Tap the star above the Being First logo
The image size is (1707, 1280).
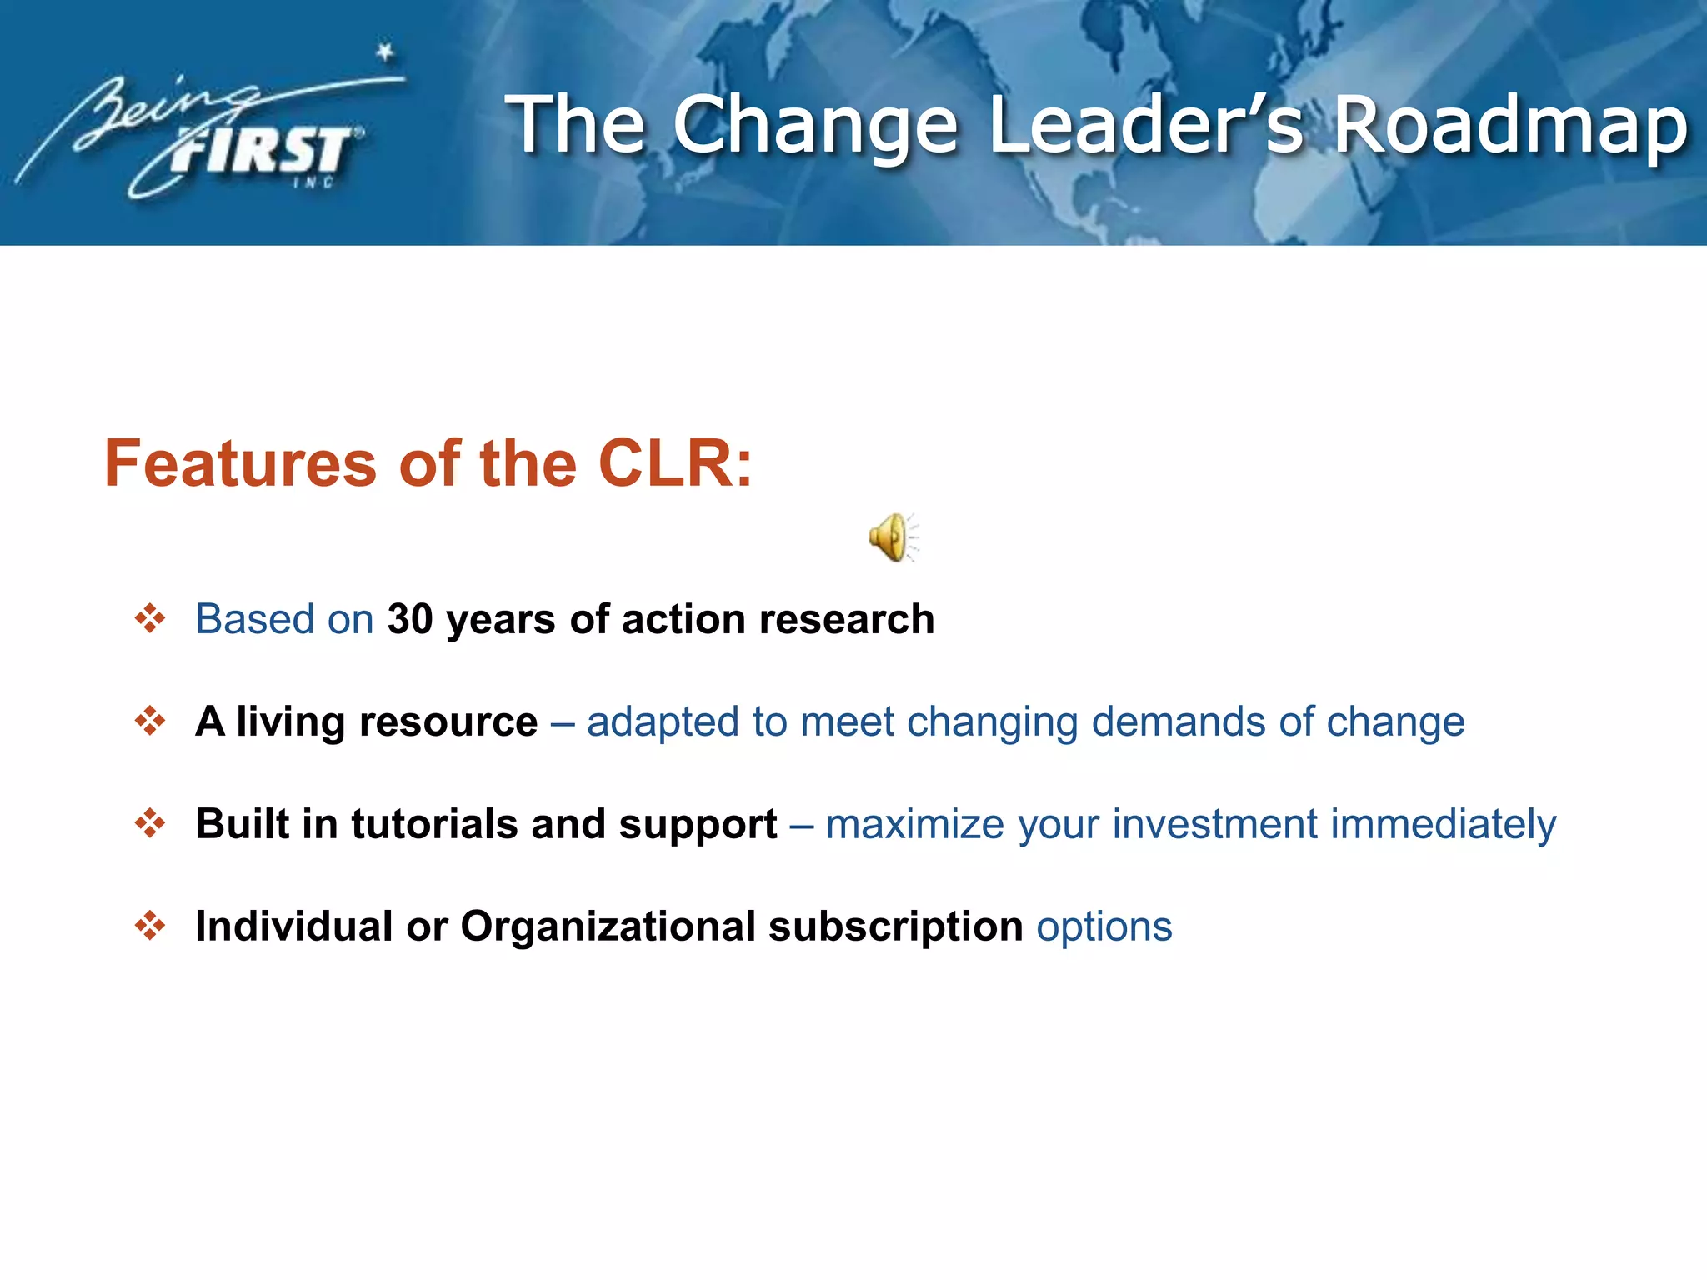(384, 52)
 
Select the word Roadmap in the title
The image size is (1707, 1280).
(1511, 125)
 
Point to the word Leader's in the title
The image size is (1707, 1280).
(1145, 125)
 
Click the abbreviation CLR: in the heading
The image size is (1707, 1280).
(675, 463)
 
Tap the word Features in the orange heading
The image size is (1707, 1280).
(240, 463)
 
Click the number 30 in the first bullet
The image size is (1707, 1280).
(410, 619)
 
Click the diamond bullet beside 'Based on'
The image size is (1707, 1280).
(150, 618)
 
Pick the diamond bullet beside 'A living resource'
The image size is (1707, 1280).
(150, 721)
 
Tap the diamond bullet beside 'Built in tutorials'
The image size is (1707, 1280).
(150, 823)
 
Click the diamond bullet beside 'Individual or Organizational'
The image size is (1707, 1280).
(150, 926)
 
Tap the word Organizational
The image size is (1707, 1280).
(608, 927)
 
